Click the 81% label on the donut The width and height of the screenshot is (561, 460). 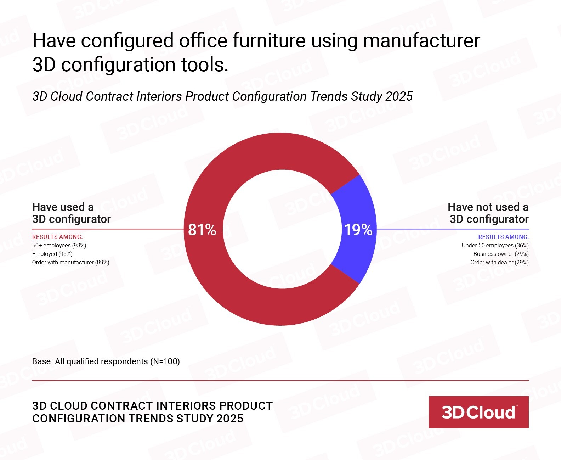click(x=202, y=230)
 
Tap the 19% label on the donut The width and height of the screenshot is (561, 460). click(x=358, y=230)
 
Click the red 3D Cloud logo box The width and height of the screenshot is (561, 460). click(x=478, y=412)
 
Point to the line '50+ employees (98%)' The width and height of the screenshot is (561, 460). click(x=59, y=245)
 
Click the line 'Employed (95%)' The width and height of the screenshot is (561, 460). click(x=52, y=254)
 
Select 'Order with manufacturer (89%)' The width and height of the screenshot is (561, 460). click(x=70, y=262)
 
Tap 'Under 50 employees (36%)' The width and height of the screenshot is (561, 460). click(x=495, y=245)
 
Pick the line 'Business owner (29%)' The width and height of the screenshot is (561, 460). click(x=501, y=254)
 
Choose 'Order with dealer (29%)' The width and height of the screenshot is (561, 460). click(x=499, y=262)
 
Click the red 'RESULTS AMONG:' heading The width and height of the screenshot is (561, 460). click(x=57, y=237)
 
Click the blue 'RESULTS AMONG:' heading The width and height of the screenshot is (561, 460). click(x=503, y=237)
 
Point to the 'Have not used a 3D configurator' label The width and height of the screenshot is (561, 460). click(x=488, y=213)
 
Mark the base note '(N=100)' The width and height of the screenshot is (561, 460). click(x=165, y=361)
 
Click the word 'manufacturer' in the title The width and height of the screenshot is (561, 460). click(x=421, y=40)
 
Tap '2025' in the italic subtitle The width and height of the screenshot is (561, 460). click(x=399, y=96)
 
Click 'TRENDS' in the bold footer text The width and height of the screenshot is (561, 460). click(x=151, y=419)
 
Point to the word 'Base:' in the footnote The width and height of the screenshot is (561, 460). click(x=42, y=361)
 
